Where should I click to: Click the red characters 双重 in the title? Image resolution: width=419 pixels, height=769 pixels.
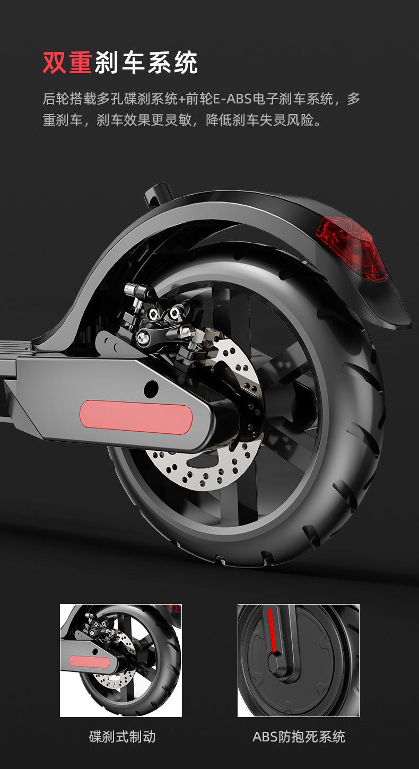coord(67,63)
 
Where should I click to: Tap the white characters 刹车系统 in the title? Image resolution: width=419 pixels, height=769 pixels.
coord(146,63)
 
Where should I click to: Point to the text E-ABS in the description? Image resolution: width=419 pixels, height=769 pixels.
coord(232,99)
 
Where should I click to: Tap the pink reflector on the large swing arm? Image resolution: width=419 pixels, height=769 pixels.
coord(136,417)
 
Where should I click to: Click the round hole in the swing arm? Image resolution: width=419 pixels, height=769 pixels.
coord(151,388)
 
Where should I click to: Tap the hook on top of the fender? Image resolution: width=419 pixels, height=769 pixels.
coord(158,194)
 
